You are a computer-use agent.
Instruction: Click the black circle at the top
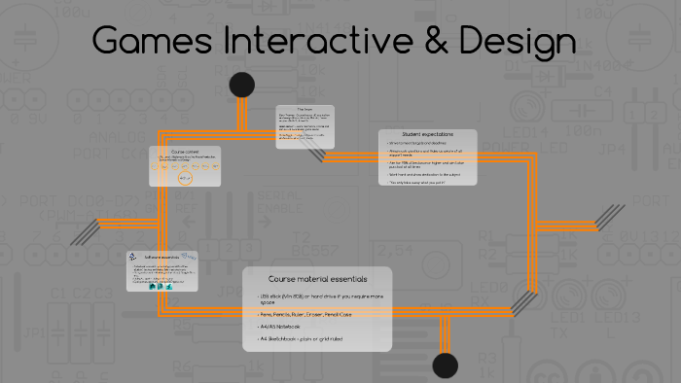pyautogui.click(x=242, y=85)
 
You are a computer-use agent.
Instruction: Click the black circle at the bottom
pyautogui.click(x=445, y=366)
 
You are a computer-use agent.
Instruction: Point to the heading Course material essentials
pyautogui.click(x=317, y=279)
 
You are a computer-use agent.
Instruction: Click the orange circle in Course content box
pyautogui.click(x=185, y=179)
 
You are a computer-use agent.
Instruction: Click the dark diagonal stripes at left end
pyautogui.click(x=85, y=229)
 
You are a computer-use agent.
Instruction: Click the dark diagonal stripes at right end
pyautogui.click(x=611, y=216)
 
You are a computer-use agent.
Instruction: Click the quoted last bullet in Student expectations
pyautogui.click(x=419, y=182)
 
